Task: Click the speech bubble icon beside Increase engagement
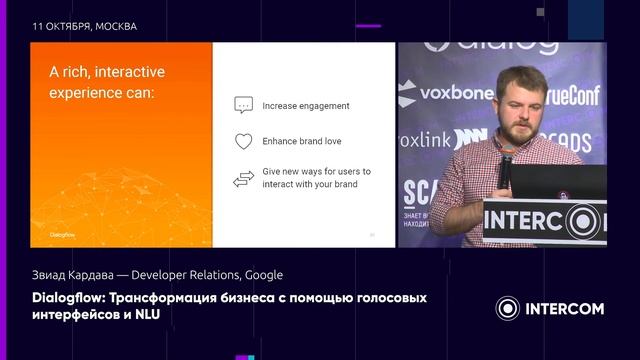(x=243, y=105)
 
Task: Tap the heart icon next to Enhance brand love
(x=243, y=141)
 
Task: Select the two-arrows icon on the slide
(x=243, y=178)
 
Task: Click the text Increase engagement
(x=305, y=105)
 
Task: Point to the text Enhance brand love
(x=301, y=141)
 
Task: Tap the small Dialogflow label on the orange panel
(x=62, y=235)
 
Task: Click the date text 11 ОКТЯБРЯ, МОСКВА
(x=85, y=26)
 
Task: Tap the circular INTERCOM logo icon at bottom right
(x=509, y=309)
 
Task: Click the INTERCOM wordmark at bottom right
(x=565, y=309)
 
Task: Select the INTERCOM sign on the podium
(x=545, y=219)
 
